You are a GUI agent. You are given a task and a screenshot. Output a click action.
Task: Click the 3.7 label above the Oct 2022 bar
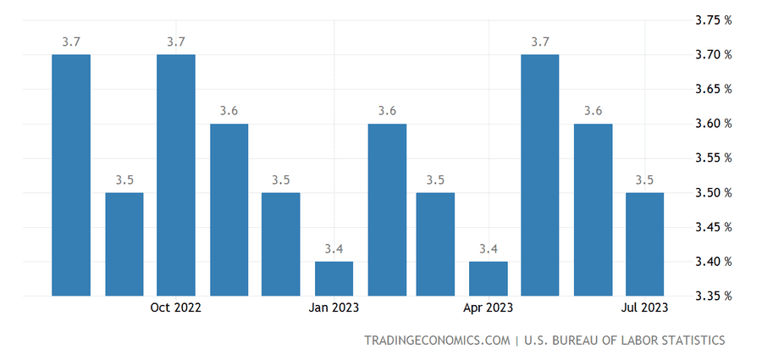tap(176, 42)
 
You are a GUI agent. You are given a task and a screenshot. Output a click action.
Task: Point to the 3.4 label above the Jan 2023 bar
tap(334, 248)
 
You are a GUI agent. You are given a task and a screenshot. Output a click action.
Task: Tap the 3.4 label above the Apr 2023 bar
tap(489, 248)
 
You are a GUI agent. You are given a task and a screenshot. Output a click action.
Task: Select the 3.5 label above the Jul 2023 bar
tap(644, 180)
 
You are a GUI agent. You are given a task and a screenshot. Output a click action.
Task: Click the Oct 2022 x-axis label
tap(176, 308)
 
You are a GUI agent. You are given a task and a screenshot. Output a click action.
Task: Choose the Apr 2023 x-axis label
tap(489, 308)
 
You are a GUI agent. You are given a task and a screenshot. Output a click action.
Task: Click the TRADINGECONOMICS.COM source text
tap(436, 341)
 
